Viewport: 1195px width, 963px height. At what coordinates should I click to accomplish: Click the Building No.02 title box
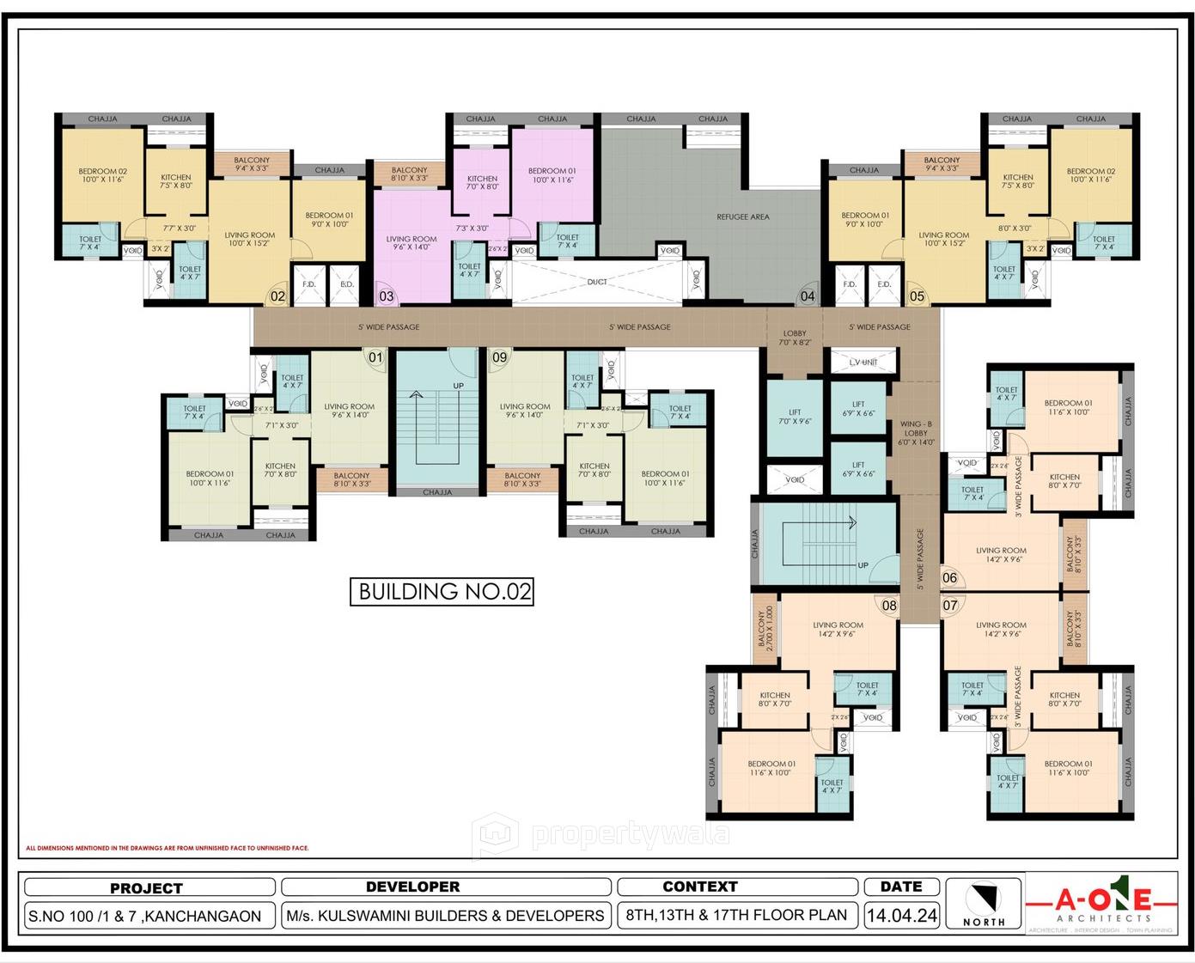(x=442, y=591)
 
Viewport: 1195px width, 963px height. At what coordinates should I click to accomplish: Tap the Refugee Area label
(x=743, y=217)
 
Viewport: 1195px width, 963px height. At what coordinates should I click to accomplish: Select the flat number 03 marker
(x=387, y=296)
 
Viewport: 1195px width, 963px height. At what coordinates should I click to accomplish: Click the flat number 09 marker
(x=499, y=357)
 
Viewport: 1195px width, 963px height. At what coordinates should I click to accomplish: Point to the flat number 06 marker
(x=949, y=578)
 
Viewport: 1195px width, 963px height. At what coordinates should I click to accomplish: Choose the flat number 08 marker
(x=889, y=605)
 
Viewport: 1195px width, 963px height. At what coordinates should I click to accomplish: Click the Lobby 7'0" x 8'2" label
(x=795, y=338)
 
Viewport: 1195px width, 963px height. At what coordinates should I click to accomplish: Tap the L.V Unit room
(x=863, y=363)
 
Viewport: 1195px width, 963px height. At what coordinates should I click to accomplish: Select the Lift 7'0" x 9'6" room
(x=795, y=418)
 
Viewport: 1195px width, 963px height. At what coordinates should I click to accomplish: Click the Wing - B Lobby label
(x=916, y=433)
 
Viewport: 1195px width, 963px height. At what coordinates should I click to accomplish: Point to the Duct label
(x=597, y=282)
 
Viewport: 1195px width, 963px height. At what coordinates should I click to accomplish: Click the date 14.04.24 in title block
(x=901, y=916)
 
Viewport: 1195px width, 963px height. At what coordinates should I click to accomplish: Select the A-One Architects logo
(x=1103, y=904)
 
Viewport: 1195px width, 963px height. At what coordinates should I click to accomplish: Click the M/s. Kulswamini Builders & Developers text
(x=446, y=916)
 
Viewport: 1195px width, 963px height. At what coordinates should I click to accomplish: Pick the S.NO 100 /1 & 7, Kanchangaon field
(x=145, y=916)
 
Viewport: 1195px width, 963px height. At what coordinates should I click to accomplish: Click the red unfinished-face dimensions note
(x=167, y=848)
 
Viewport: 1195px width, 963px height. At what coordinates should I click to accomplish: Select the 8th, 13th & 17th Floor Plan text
(x=736, y=915)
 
